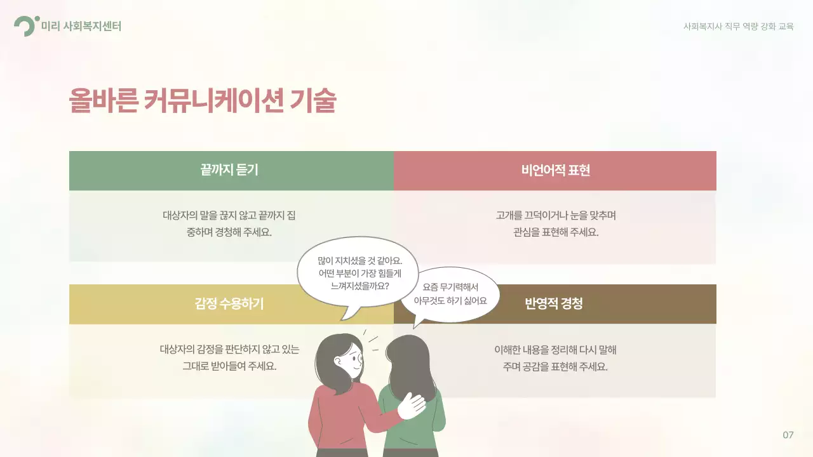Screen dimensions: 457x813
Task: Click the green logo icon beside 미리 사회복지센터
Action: click(x=25, y=26)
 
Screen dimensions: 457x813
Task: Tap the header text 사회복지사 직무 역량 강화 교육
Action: click(x=738, y=27)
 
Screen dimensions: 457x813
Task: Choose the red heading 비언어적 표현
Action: click(x=556, y=170)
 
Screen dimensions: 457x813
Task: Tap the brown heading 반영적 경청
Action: click(x=553, y=303)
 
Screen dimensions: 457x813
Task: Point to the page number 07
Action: click(x=788, y=435)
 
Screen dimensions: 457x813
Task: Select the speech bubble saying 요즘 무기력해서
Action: click(x=450, y=294)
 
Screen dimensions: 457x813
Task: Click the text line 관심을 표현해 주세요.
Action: click(x=556, y=232)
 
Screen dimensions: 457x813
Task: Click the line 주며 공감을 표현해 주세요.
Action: click(x=556, y=366)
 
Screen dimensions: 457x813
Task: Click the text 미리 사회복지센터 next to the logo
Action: click(x=81, y=27)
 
